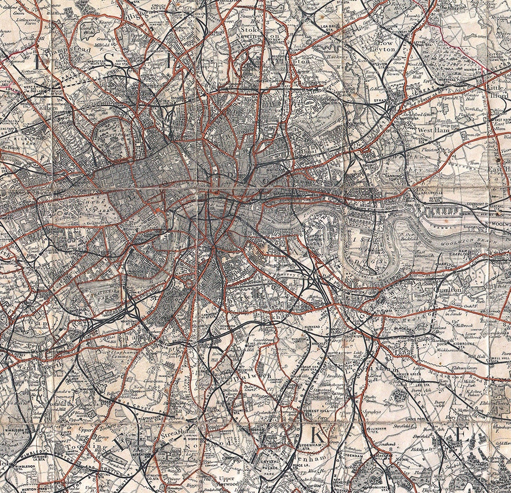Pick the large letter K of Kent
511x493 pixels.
coord(317,435)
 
